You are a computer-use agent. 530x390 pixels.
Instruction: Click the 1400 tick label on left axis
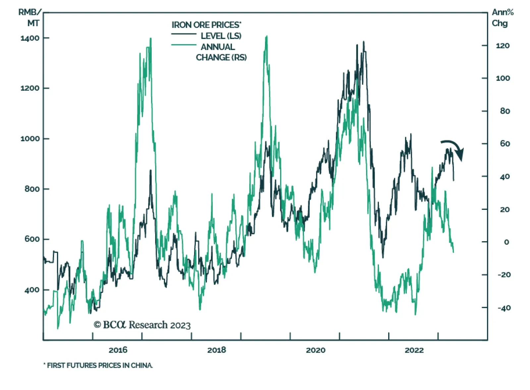30,38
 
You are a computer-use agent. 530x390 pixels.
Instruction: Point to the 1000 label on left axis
30,139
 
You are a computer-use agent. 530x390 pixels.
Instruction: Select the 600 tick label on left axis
32,239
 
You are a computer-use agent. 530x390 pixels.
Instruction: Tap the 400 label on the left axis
32,290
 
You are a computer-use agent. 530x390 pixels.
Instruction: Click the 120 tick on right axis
503,46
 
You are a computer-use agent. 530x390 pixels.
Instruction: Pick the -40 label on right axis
504,308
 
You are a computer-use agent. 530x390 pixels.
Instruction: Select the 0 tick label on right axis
506,242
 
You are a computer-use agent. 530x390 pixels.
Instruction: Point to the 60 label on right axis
505,144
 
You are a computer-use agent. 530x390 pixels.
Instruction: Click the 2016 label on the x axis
118,350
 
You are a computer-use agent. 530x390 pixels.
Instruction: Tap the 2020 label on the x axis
315,350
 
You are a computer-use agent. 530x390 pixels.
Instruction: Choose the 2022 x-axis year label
414,350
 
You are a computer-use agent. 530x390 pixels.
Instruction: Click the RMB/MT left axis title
30,18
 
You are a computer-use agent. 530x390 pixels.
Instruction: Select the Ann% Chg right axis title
502,18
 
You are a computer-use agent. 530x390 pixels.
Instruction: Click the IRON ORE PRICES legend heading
206,25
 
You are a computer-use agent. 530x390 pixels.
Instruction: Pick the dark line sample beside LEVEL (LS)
184,34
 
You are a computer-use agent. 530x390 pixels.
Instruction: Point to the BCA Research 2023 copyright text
142,325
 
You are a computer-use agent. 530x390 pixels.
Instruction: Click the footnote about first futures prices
98,365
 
